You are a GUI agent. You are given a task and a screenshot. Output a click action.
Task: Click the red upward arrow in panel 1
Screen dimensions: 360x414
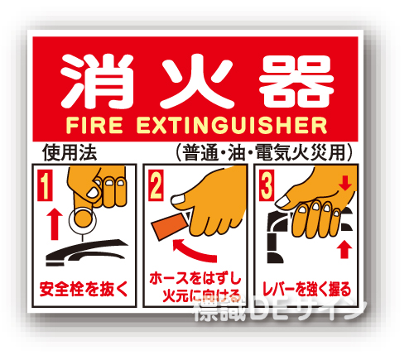[51, 223]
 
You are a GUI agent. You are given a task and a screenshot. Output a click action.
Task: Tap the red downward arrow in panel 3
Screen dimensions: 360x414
[346, 183]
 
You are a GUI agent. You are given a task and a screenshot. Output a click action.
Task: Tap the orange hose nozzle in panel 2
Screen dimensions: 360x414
[171, 226]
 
